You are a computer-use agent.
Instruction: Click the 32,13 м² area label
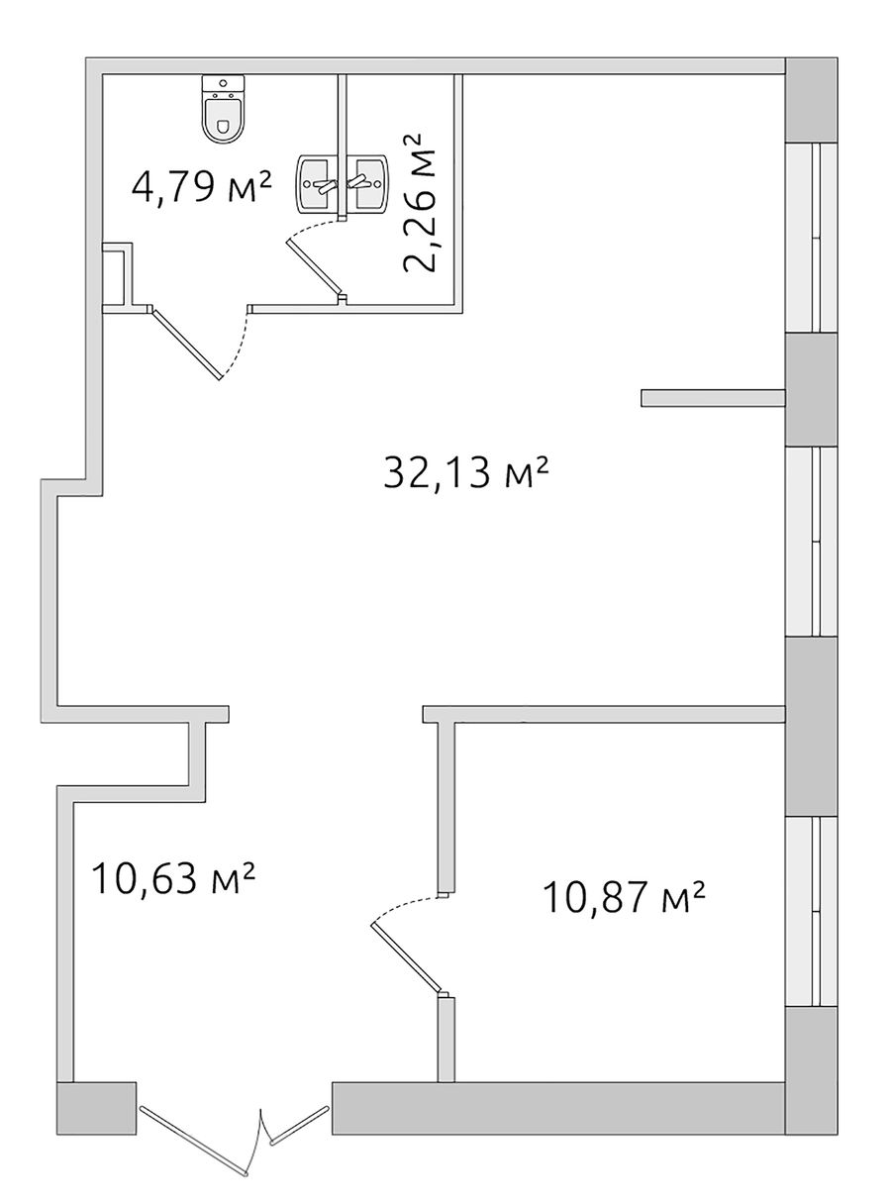point(465,472)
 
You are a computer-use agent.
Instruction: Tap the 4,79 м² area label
point(200,186)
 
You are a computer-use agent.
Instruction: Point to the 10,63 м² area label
point(173,878)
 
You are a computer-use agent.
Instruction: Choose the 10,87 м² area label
point(624,896)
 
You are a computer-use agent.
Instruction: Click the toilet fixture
point(223,109)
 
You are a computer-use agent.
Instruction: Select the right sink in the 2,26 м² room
point(366,182)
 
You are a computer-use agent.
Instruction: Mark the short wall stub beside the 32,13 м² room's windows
point(713,398)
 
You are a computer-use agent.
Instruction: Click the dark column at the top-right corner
point(811,100)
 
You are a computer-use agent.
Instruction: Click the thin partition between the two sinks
point(342,148)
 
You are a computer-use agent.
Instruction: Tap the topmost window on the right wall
point(811,238)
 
